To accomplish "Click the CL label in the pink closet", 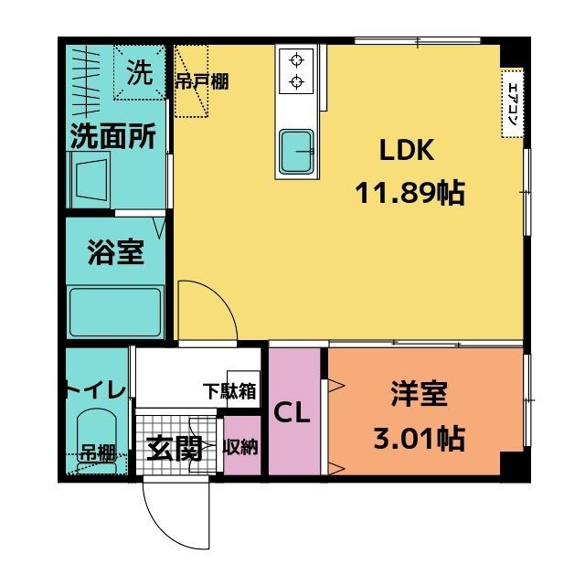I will click(x=293, y=412).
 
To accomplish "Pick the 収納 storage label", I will click(x=241, y=447).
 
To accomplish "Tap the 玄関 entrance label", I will click(x=174, y=448).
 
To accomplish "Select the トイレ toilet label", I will click(x=95, y=390).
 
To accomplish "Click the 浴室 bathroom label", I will click(x=115, y=253).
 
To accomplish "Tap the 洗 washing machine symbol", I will click(x=139, y=74).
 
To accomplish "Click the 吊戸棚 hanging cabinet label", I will click(x=202, y=81).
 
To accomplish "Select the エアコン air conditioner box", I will click(x=512, y=102).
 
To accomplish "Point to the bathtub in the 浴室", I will click(x=116, y=312).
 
